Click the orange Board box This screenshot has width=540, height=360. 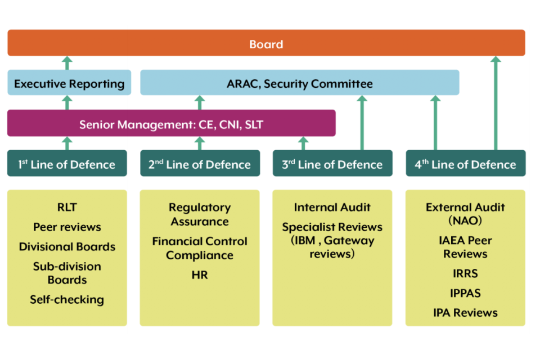pyautogui.click(x=266, y=43)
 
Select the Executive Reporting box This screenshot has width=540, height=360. pyautogui.click(x=69, y=83)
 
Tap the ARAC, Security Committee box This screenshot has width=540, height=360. pyautogui.click(x=299, y=83)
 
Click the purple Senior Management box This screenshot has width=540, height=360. pyautogui.click(x=171, y=123)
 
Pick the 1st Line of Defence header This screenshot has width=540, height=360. pyautogui.click(x=67, y=164)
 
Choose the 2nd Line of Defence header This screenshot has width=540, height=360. pyautogui.click(x=200, y=164)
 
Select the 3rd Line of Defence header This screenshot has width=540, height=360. pyautogui.click(x=332, y=164)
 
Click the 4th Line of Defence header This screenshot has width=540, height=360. pyautogui.click(x=466, y=164)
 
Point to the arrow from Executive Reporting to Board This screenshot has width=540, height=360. pyautogui.click(x=67, y=63)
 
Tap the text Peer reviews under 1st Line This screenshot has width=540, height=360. pyautogui.click(x=67, y=227)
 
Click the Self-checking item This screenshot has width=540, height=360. pyautogui.click(x=67, y=299)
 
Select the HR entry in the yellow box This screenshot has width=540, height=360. pyautogui.click(x=200, y=276)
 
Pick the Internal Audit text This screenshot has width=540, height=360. pyautogui.click(x=332, y=208)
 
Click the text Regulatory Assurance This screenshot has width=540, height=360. pyautogui.click(x=200, y=214)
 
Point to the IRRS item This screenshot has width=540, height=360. pyautogui.click(x=465, y=273)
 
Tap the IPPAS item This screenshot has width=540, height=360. pyautogui.click(x=465, y=293)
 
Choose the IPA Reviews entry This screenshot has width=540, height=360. pyautogui.click(x=465, y=313)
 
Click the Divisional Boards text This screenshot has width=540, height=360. pyautogui.click(x=67, y=246)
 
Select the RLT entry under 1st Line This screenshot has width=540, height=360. pyautogui.click(x=67, y=208)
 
